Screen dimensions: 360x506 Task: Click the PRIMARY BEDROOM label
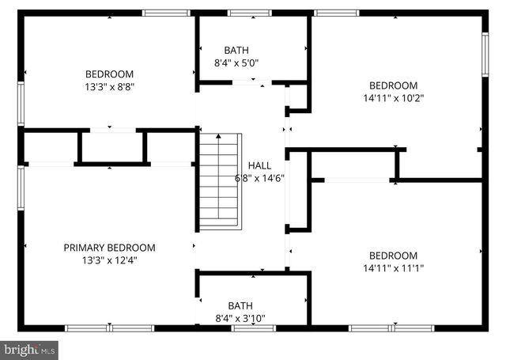109,248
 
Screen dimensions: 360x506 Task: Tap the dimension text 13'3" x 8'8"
110,87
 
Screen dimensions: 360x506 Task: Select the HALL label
259,165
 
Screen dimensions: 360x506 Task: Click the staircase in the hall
217,181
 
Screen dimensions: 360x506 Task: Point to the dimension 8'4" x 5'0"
241,62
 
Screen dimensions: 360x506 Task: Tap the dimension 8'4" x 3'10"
241,319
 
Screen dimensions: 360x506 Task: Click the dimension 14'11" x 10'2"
393,99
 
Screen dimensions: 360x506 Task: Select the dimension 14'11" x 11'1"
393,268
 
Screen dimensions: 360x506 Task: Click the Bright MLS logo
30,349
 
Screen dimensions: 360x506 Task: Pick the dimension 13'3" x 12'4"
109,260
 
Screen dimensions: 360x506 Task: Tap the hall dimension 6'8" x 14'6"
260,178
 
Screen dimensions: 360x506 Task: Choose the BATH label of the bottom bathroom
240,305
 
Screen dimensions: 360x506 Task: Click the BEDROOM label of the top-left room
110,74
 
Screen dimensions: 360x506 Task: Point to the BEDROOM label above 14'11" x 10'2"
393,85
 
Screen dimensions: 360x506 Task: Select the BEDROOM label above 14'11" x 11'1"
393,255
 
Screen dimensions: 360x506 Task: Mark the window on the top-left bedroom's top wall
167,13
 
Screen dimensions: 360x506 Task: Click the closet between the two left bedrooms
111,147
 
